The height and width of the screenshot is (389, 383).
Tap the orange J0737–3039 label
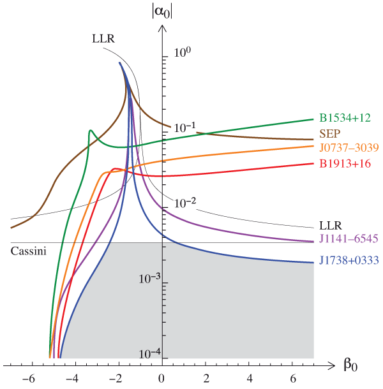tap(348, 148)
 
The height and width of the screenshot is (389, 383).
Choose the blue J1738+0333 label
tap(349, 260)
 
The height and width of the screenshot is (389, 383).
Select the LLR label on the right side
tap(331, 225)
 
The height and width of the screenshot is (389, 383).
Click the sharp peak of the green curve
tap(91, 131)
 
